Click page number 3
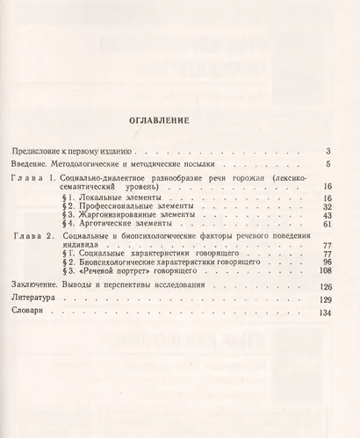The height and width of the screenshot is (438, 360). [327, 152]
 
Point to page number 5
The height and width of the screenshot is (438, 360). [327, 164]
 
